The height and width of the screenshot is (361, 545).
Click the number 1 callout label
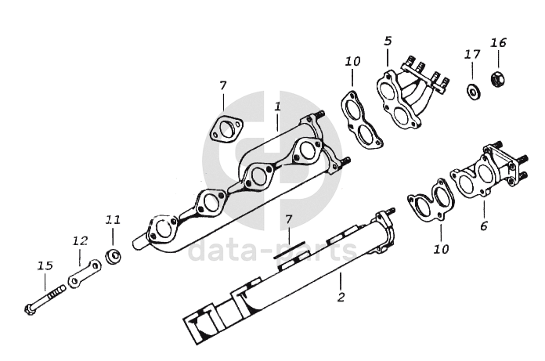click(277, 105)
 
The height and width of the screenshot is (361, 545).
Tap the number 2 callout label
click(341, 298)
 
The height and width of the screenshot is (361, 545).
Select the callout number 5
click(388, 41)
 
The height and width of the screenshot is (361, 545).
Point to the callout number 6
click(484, 226)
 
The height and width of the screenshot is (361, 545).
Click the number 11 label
click(112, 220)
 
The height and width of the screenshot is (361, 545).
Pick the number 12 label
click(79, 240)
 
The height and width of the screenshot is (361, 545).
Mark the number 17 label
click(471, 54)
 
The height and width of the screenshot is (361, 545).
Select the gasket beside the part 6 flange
click(431, 202)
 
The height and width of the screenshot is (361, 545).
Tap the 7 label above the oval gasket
click(222, 85)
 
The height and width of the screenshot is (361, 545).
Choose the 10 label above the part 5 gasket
click(352, 61)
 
